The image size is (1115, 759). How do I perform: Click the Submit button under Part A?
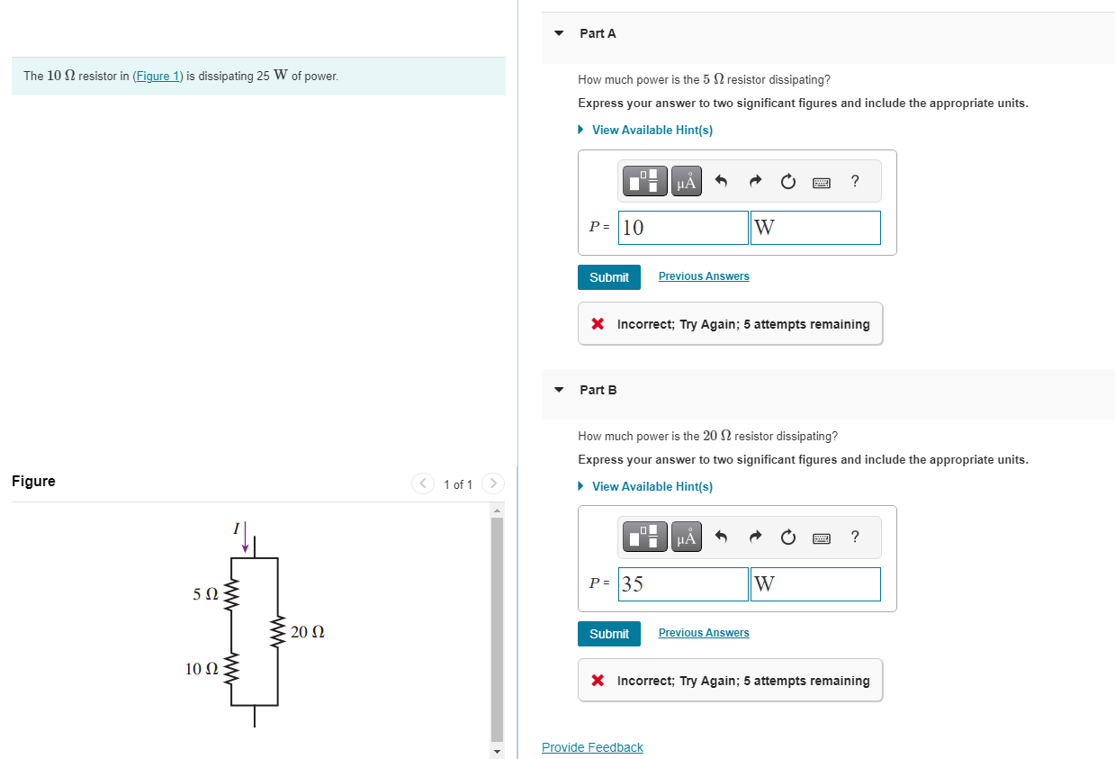[x=608, y=277]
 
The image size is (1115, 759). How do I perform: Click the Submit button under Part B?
[x=608, y=634]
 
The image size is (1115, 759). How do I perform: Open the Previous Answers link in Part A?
[x=704, y=276]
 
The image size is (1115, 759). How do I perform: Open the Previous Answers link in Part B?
[x=704, y=632]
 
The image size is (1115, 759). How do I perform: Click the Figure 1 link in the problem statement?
[x=157, y=76]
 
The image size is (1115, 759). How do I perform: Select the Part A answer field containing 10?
[x=683, y=228]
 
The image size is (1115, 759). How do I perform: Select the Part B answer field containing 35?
[x=683, y=583]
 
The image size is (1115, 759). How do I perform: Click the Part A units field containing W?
[x=815, y=228]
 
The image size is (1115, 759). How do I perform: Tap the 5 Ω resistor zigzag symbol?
[x=231, y=594]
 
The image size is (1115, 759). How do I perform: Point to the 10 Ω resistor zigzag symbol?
[x=231, y=668]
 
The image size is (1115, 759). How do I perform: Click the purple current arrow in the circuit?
[x=245, y=537]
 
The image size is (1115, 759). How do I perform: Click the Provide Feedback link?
[x=592, y=747]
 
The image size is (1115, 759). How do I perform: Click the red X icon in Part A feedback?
[x=598, y=324]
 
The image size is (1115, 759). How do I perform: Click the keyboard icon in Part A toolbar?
[x=822, y=183]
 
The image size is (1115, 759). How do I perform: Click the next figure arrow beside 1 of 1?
[x=493, y=483]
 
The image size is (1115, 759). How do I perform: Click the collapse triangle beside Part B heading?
[x=559, y=390]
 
